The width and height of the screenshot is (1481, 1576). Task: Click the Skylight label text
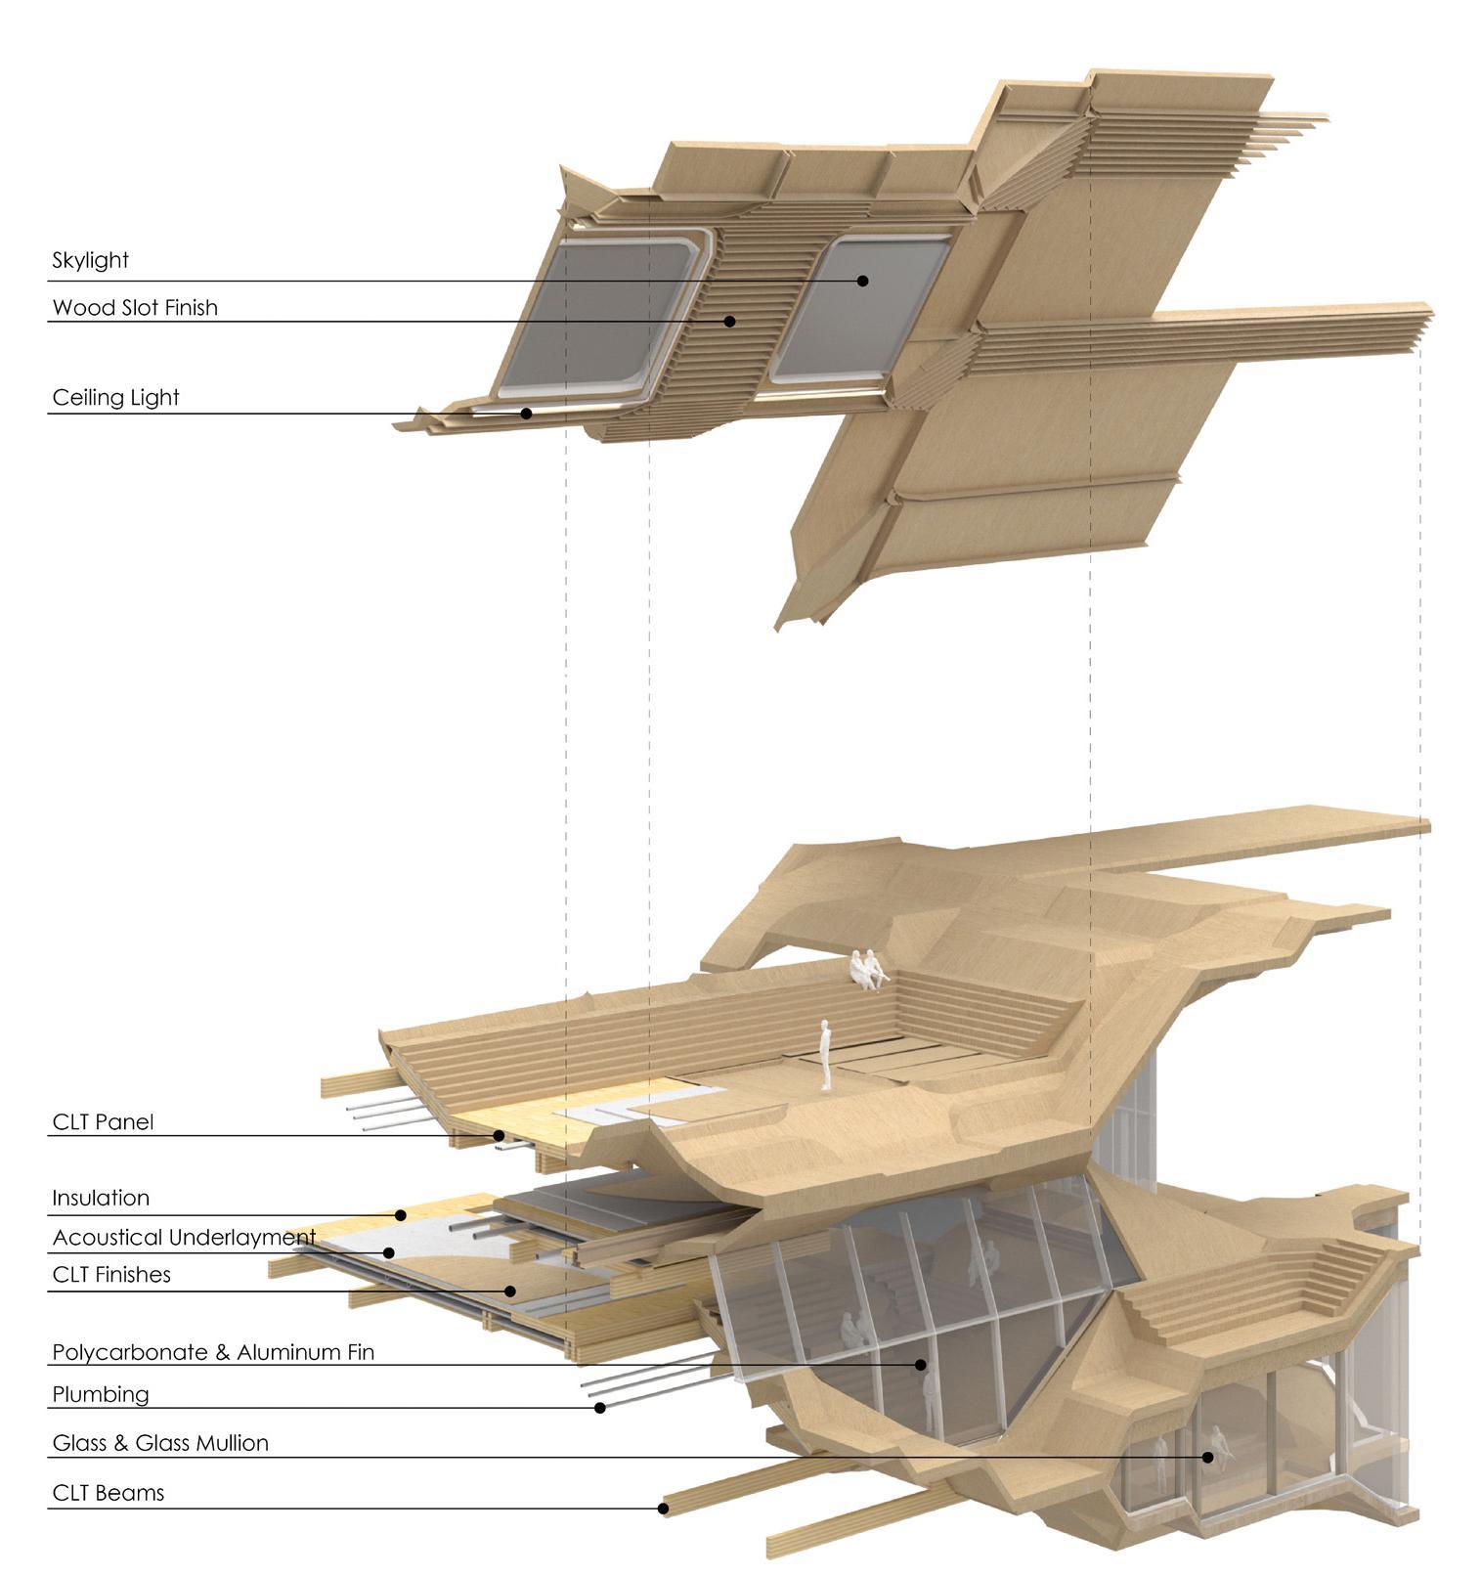(91, 260)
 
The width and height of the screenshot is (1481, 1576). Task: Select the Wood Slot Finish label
(135, 308)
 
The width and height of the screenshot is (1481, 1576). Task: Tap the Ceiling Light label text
(115, 398)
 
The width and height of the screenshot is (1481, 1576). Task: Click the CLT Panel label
(103, 1121)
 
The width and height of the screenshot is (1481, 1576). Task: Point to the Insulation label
(101, 1198)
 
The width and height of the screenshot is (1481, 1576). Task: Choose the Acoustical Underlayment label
(184, 1238)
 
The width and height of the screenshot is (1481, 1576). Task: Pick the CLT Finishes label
(111, 1275)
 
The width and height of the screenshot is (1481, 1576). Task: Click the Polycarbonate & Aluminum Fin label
(213, 1353)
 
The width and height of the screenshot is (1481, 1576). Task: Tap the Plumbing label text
(101, 1394)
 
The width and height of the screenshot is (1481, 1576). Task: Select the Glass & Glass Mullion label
(160, 1443)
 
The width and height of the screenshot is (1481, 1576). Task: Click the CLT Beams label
(108, 1493)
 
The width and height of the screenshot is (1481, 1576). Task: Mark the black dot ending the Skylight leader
(863, 281)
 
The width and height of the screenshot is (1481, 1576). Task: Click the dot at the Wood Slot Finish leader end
(729, 321)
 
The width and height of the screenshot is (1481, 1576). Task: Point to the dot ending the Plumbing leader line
(601, 1408)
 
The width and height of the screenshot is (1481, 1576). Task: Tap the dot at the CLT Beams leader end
(663, 1509)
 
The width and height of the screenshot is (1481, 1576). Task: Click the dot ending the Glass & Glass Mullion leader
(1208, 1457)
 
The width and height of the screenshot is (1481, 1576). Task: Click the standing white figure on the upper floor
(826, 1054)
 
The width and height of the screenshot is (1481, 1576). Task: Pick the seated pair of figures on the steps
(866, 969)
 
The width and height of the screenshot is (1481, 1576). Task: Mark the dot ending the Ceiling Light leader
(526, 413)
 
